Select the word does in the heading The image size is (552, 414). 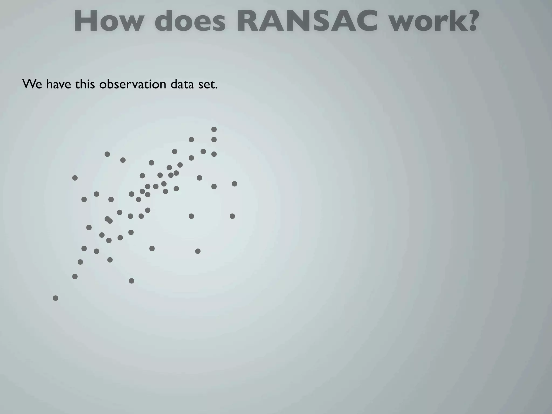tap(190, 21)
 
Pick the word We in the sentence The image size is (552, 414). tap(32, 84)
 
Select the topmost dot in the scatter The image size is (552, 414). tap(214, 129)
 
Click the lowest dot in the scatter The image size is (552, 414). tap(56, 298)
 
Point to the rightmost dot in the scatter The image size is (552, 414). tap(234, 184)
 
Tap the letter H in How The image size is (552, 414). tap(87, 21)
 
